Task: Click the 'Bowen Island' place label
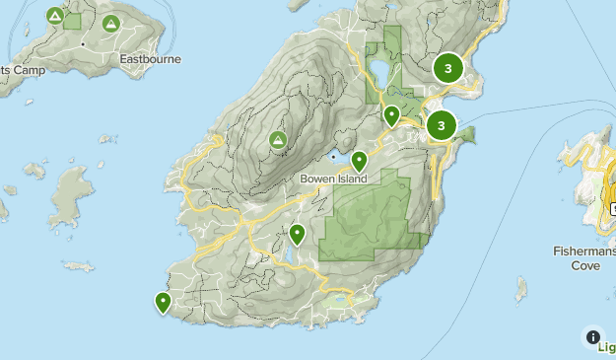pos(333,179)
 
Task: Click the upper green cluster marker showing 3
pos(448,68)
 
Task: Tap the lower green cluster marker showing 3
pos(441,125)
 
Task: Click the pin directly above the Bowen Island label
pos(359,160)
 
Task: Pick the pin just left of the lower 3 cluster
pos(391,115)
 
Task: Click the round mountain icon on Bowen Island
pos(278,141)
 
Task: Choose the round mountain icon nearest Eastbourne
pos(111,23)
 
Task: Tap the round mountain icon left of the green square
pos(54,17)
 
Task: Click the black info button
pos(592,336)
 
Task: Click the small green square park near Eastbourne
pos(73,20)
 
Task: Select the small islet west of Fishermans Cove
pos(520,289)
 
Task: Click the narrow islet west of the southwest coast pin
pos(77,266)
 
